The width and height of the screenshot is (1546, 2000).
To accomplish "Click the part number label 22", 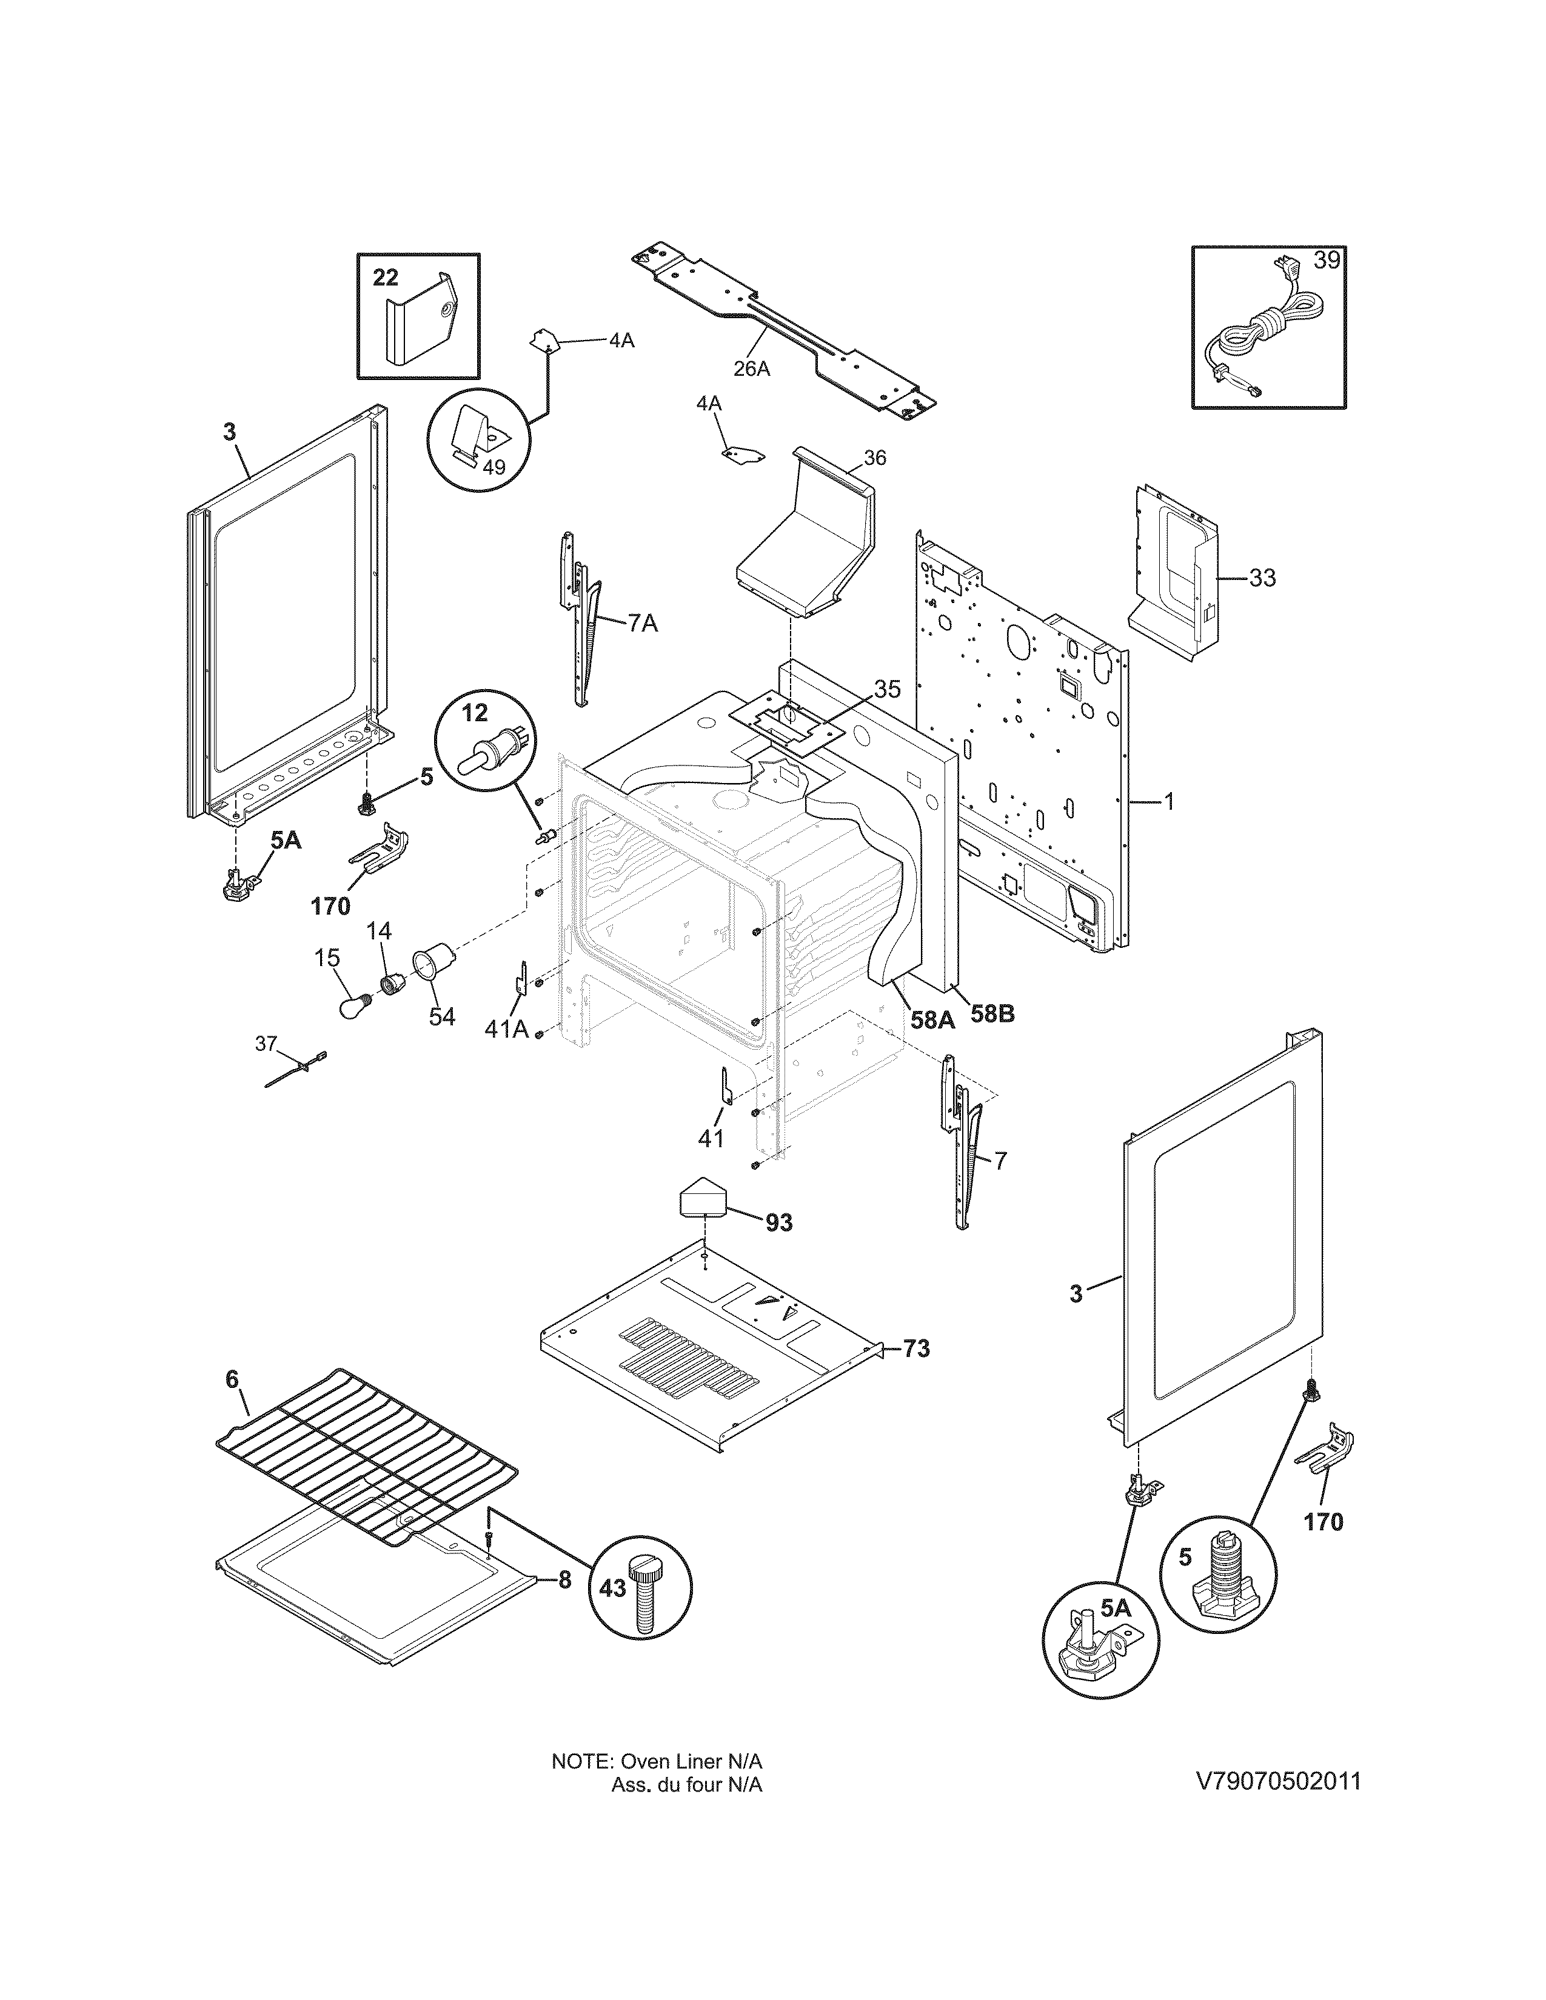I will (x=386, y=278).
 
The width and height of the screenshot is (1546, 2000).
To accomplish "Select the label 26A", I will (x=751, y=369).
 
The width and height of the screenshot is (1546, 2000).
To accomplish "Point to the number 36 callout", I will (x=875, y=458).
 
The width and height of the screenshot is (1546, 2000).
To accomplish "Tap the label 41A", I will (x=506, y=1029).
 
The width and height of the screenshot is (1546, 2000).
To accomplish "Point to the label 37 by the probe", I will (x=266, y=1044).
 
